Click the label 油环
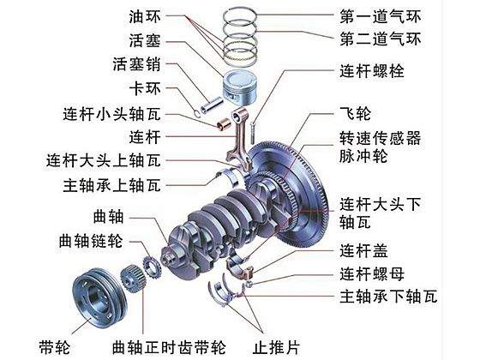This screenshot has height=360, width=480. [145, 16]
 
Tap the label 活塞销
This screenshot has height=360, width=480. [136, 64]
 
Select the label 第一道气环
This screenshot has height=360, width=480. [381, 16]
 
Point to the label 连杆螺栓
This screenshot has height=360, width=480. [372, 70]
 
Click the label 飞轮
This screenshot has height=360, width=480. [356, 113]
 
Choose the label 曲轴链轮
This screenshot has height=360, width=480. [91, 241]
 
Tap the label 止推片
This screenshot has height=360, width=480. [276, 347]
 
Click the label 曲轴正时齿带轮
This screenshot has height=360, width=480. [170, 347]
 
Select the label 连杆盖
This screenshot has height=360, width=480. [363, 250]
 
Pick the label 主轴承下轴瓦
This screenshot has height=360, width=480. [388, 297]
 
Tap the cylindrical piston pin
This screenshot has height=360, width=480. [212, 105]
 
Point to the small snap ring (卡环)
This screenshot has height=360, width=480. [197, 113]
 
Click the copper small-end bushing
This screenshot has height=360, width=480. [224, 123]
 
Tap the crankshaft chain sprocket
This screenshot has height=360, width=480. [151, 267]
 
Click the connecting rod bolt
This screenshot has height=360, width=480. [252, 133]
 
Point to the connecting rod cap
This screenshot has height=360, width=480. [240, 267]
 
